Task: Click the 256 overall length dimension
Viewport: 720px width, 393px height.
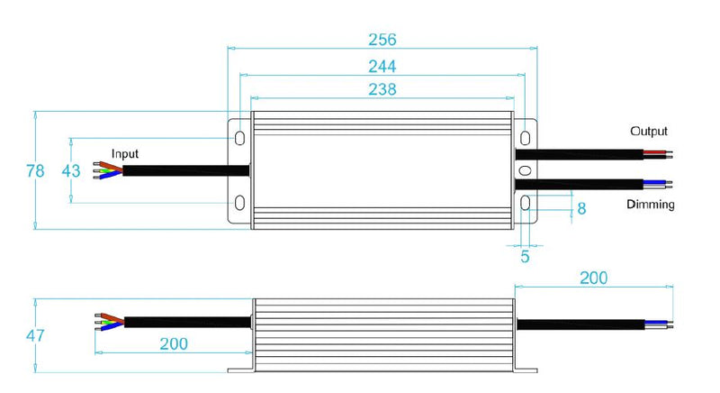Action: point(382,40)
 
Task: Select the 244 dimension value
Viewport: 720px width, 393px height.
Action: point(382,66)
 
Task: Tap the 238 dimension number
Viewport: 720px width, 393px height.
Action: point(382,89)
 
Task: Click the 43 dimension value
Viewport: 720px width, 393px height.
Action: point(71,170)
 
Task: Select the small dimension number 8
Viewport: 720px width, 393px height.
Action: point(581,208)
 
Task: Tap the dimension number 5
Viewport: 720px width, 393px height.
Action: point(526,257)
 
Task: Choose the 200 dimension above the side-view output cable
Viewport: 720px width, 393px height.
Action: point(593,278)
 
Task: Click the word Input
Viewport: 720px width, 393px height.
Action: point(125,154)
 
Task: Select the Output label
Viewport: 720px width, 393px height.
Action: point(648,132)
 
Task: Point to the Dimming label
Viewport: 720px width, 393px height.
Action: point(650,205)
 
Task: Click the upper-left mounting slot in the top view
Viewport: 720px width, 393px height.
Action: point(240,138)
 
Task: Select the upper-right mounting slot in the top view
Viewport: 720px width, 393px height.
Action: point(526,138)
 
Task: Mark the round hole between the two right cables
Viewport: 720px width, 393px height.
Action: point(526,170)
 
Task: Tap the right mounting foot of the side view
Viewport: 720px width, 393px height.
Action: point(527,370)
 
